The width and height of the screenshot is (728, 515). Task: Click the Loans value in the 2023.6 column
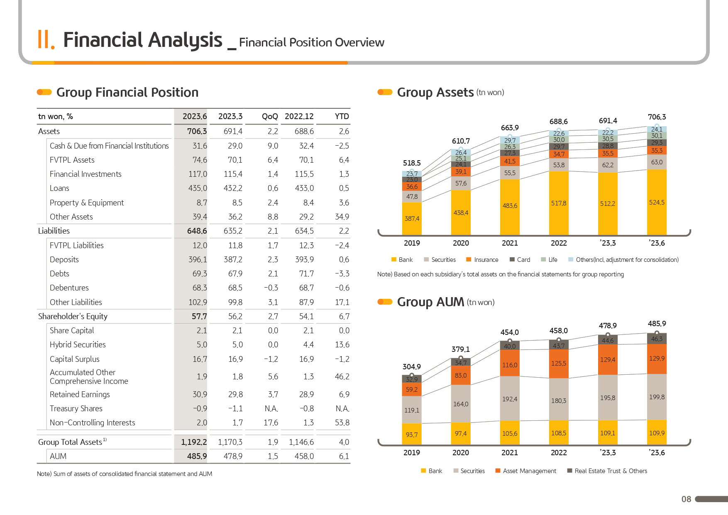pos(198,188)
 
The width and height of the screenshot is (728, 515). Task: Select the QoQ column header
pos(270,117)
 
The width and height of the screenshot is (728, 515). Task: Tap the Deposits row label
pos(64,259)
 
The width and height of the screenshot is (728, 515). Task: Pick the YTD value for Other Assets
pos(342,217)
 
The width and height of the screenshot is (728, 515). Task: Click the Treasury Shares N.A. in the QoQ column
pos(271,409)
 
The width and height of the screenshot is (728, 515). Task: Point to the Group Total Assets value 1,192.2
pos(194,442)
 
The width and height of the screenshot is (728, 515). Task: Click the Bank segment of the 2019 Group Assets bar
pos(412,219)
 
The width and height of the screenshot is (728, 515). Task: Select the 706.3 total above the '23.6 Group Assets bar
pos(657,117)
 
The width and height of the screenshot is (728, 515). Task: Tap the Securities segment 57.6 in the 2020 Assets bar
pos(461,183)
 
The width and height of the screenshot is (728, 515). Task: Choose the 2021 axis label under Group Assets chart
pos(510,243)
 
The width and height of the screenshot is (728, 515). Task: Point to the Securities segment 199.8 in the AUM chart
pos(657,397)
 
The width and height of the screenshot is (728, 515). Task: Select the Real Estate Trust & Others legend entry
pos(607,471)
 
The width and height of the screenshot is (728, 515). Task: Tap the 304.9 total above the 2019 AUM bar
pos(412,367)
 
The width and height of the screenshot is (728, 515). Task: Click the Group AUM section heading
pos(430,302)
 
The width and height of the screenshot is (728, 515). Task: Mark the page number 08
pos(686,499)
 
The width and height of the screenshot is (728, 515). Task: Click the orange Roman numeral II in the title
pos(46,40)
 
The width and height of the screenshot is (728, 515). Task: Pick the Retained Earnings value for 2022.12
pos(306,395)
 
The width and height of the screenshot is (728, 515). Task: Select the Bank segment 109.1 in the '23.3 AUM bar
pos(608,433)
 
